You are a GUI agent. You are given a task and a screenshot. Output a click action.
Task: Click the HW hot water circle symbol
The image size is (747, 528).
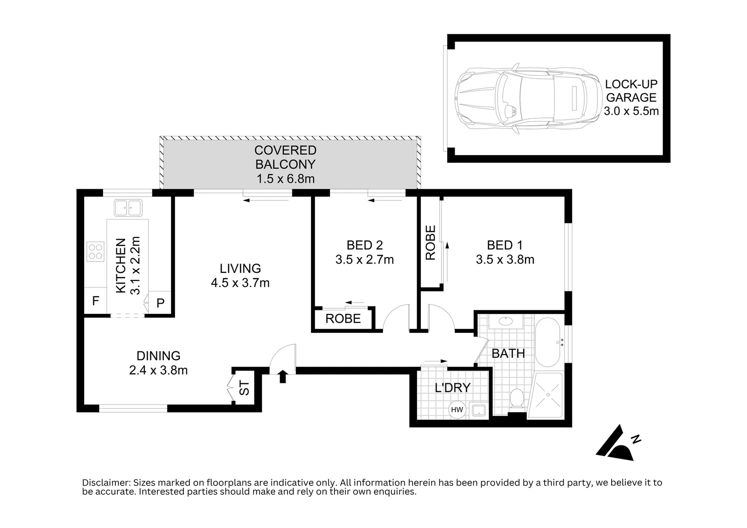(x=457, y=409)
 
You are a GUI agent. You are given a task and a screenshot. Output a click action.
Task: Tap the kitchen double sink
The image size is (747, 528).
(x=128, y=208)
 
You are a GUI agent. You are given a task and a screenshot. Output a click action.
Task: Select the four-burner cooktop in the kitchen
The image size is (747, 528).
(x=95, y=251)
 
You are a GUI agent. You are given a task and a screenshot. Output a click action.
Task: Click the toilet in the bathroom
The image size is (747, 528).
(x=517, y=398)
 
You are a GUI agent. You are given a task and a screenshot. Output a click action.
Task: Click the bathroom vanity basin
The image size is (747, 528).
(x=505, y=322)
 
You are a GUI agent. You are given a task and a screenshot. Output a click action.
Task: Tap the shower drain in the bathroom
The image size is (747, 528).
(x=548, y=395)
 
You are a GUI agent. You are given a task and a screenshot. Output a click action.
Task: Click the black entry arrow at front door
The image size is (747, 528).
(x=283, y=376)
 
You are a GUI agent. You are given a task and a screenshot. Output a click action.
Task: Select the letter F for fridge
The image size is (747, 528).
(x=96, y=301)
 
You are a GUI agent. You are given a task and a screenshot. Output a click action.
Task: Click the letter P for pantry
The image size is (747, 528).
(x=160, y=303)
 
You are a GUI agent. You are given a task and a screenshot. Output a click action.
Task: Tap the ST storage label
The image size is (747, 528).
(x=244, y=388)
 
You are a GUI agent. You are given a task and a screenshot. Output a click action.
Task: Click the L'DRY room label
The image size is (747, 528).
(x=453, y=388)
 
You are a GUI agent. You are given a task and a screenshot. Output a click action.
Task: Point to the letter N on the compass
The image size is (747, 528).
(x=637, y=439)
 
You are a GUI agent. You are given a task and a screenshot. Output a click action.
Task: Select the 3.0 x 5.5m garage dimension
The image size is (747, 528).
(x=631, y=111)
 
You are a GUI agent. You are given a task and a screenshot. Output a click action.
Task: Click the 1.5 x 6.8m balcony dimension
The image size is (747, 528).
(x=286, y=179)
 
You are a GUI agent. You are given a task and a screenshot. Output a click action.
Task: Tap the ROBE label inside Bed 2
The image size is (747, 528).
(x=343, y=319)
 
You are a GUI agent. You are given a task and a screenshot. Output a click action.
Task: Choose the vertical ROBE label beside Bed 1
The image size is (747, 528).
(x=431, y=243)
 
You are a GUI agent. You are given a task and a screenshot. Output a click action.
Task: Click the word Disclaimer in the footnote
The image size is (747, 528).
(x=107, y=483)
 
